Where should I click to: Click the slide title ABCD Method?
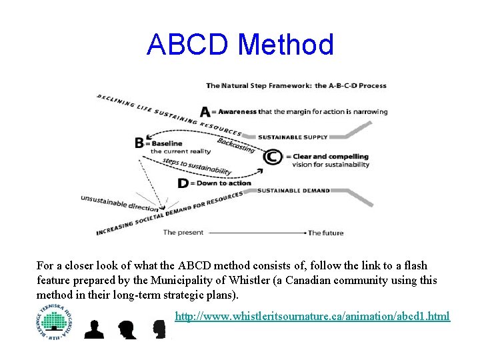(x=240, y=45)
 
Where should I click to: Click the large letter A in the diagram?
(x=205, y=111)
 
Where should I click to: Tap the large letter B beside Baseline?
(x=139, y=143)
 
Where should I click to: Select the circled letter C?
(x=271, y=157)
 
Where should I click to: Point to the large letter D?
(x=183, y=183)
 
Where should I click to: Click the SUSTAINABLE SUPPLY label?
(x=293, y=137)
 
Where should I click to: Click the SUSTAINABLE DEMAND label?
(x=293, y=191)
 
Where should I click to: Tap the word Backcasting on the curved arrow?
(x=235, y=145)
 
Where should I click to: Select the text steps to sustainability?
(x=197, y=167)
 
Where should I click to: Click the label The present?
(x=179, y=233)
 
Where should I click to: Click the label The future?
(x=325, y=233)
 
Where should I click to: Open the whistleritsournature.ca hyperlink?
(x=312, y=316)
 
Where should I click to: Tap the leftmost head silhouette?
(x=95, y=328)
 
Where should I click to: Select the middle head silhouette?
(x=127, y=329)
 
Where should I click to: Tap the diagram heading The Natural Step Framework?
(x=259, y=85)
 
